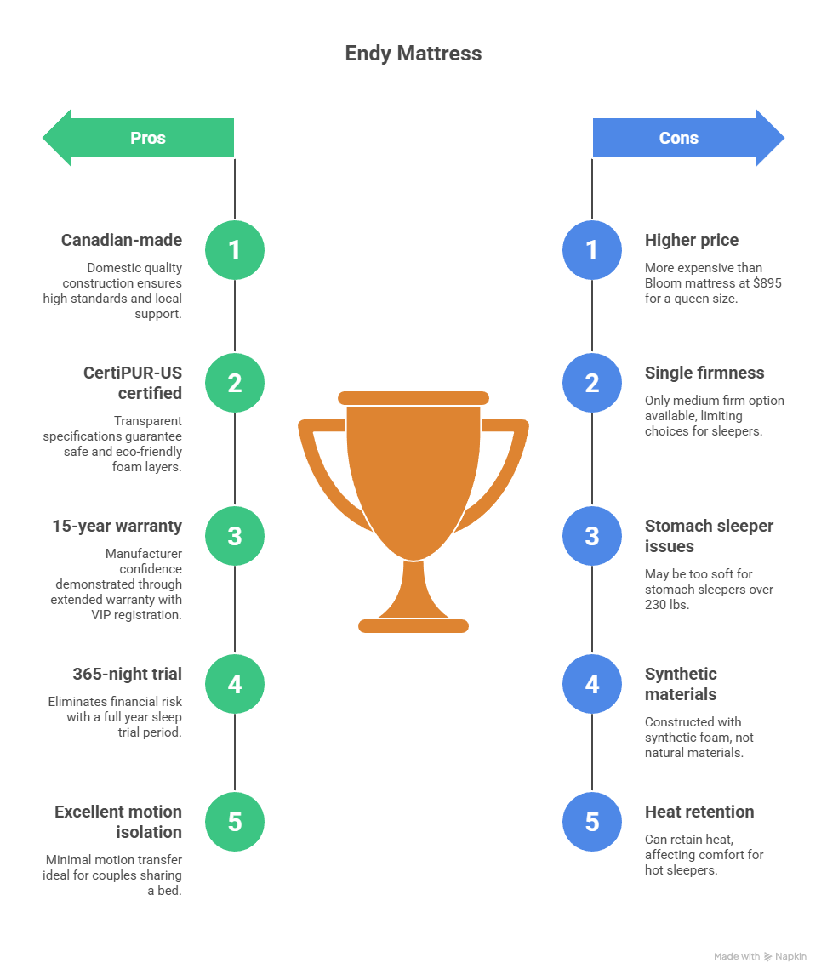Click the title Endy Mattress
coord(413,54)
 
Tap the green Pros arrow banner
coord(145,138)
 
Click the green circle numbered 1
coord(235,250)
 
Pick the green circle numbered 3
coord(235,536)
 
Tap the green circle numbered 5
coord(235,822)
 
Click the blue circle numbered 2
coord(592,383)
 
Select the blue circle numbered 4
coord(592,684)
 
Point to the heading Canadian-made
coord(122,241)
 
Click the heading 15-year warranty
coord(117,527)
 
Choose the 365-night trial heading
coord(128,675)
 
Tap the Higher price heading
coord(692,241)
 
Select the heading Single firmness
coord(704,373)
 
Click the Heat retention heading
coord(699,812)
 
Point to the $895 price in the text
coord(766,282)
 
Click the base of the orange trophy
coord(413,626)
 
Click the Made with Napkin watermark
coord(760,957)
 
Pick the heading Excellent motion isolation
coord(119,822)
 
